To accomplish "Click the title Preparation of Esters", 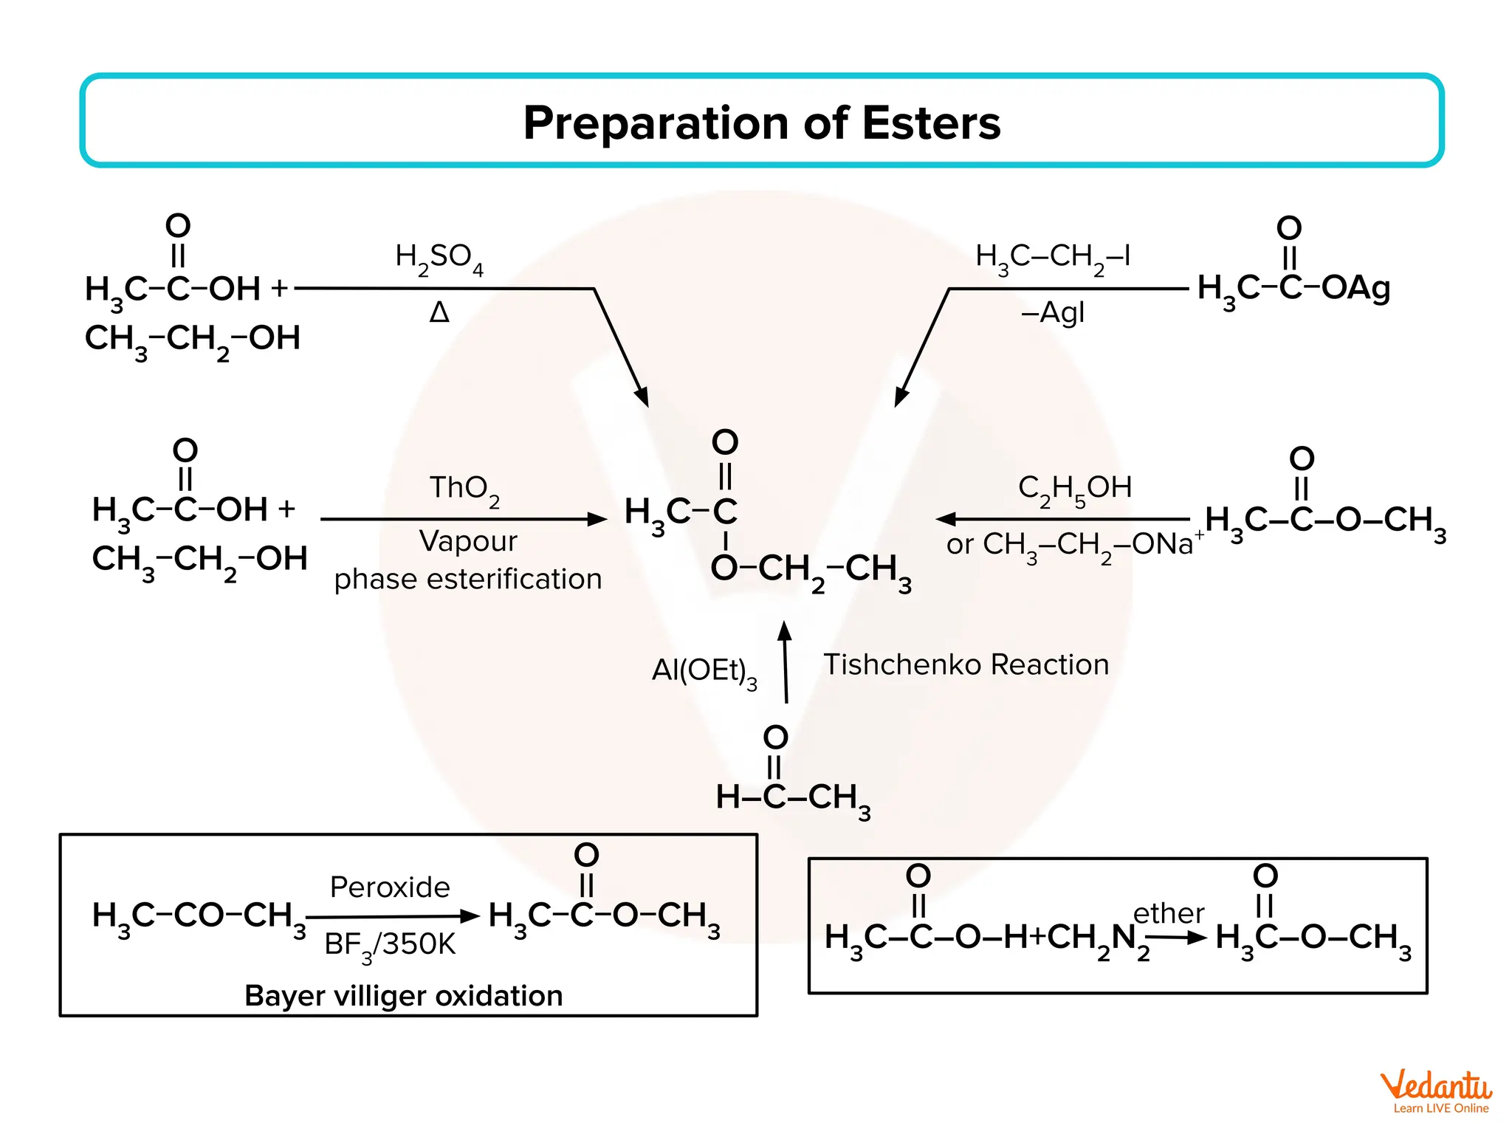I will click(x=761, y=123).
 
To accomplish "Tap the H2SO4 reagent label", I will click(x=439, y=258).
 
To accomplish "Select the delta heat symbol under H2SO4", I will click(x=439, y=313).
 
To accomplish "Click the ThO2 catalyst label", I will click(x=464, y=489).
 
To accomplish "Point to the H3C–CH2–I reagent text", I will click(x=1052, y=258).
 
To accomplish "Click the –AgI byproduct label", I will click(x=1052, y=313).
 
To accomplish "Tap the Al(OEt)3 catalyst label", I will click(x=704, y=671).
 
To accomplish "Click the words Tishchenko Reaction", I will click(x=966, y=664).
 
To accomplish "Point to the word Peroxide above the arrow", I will click(x=389, y=887).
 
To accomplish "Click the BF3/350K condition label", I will click(x=390, y=945).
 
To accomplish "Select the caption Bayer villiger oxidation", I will click(x=403, y=996).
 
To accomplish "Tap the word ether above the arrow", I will click(x=1168, y=913).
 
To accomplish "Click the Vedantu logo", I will click(x=1435, y=1091).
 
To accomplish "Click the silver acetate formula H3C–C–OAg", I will click(x=1293, y=288).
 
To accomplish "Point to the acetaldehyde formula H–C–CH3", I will click(x=793, y=797).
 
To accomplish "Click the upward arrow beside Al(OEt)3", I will click(x=786, y=662).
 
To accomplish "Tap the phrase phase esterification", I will click(x=467, y=579).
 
